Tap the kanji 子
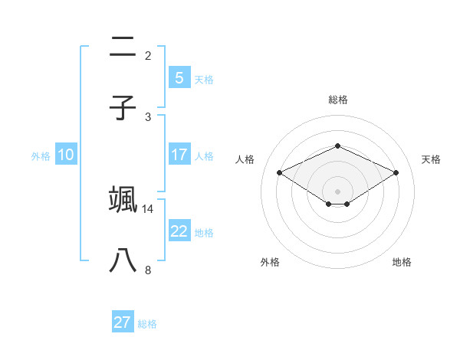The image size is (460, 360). (x=123, y=107)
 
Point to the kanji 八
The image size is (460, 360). (x=123, y=260)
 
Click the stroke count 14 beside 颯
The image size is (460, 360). (x=148, y=208)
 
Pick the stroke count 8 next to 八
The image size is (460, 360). (x=148, y=270)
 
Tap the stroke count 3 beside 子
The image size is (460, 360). (x=148, y=116)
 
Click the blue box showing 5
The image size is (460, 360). (x=179, y=77)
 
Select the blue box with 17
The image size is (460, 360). (x=179, y=155)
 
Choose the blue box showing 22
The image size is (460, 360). (x=179, y=231)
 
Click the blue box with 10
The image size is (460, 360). (x=66, y=155)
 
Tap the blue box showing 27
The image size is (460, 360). (x=123, y=322)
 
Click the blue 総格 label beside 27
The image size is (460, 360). (x=148, y=324)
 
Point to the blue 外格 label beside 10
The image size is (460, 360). (x=41, y=156)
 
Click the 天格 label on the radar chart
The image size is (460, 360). (x=431, y=159)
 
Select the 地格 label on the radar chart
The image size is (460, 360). (x=402, y=262)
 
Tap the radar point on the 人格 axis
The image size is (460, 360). (x=279, y=172)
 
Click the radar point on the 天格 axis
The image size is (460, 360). (x=396, y=172)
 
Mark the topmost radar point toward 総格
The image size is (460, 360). (x=337, y=146)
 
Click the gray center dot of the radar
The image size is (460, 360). (x=337, y=191)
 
